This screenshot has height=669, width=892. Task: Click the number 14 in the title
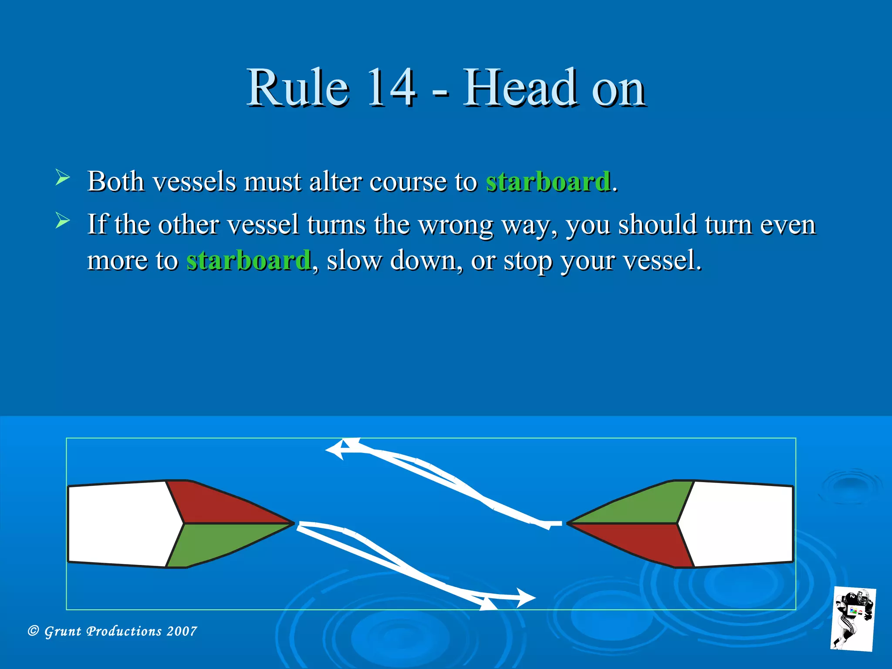click(391, 88)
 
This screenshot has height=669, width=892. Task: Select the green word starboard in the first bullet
click(547, 181)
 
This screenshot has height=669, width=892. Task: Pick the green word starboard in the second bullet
click(248, 260)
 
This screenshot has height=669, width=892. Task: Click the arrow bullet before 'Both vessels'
click(63, 178)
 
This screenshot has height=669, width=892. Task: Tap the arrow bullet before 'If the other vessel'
click(63, 221)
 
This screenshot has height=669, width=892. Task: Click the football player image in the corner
click(853, 618)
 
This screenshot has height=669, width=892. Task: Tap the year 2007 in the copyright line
click(182, 631)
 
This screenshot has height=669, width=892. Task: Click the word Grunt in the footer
click(63, 631)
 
